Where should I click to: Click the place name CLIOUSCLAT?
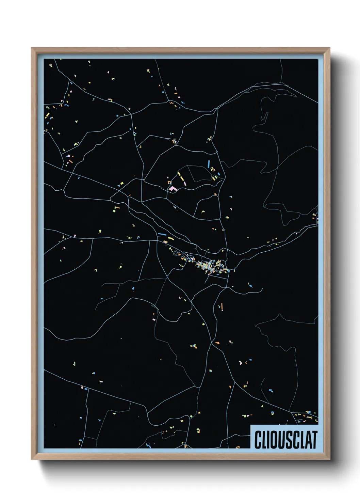tap(285, 440)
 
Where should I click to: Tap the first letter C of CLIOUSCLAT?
tap(258, 440)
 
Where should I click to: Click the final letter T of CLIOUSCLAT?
tap(314, 440)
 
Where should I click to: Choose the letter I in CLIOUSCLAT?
tap(268, 440)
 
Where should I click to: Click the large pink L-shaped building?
tap(173, 188)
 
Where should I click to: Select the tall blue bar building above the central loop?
tap(209, 164)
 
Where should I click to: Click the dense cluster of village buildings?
tap(209, 266)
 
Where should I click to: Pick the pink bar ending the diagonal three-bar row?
tap(185, 183)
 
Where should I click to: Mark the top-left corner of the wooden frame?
tap(32, 48)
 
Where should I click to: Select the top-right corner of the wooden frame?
tap(329, 48)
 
